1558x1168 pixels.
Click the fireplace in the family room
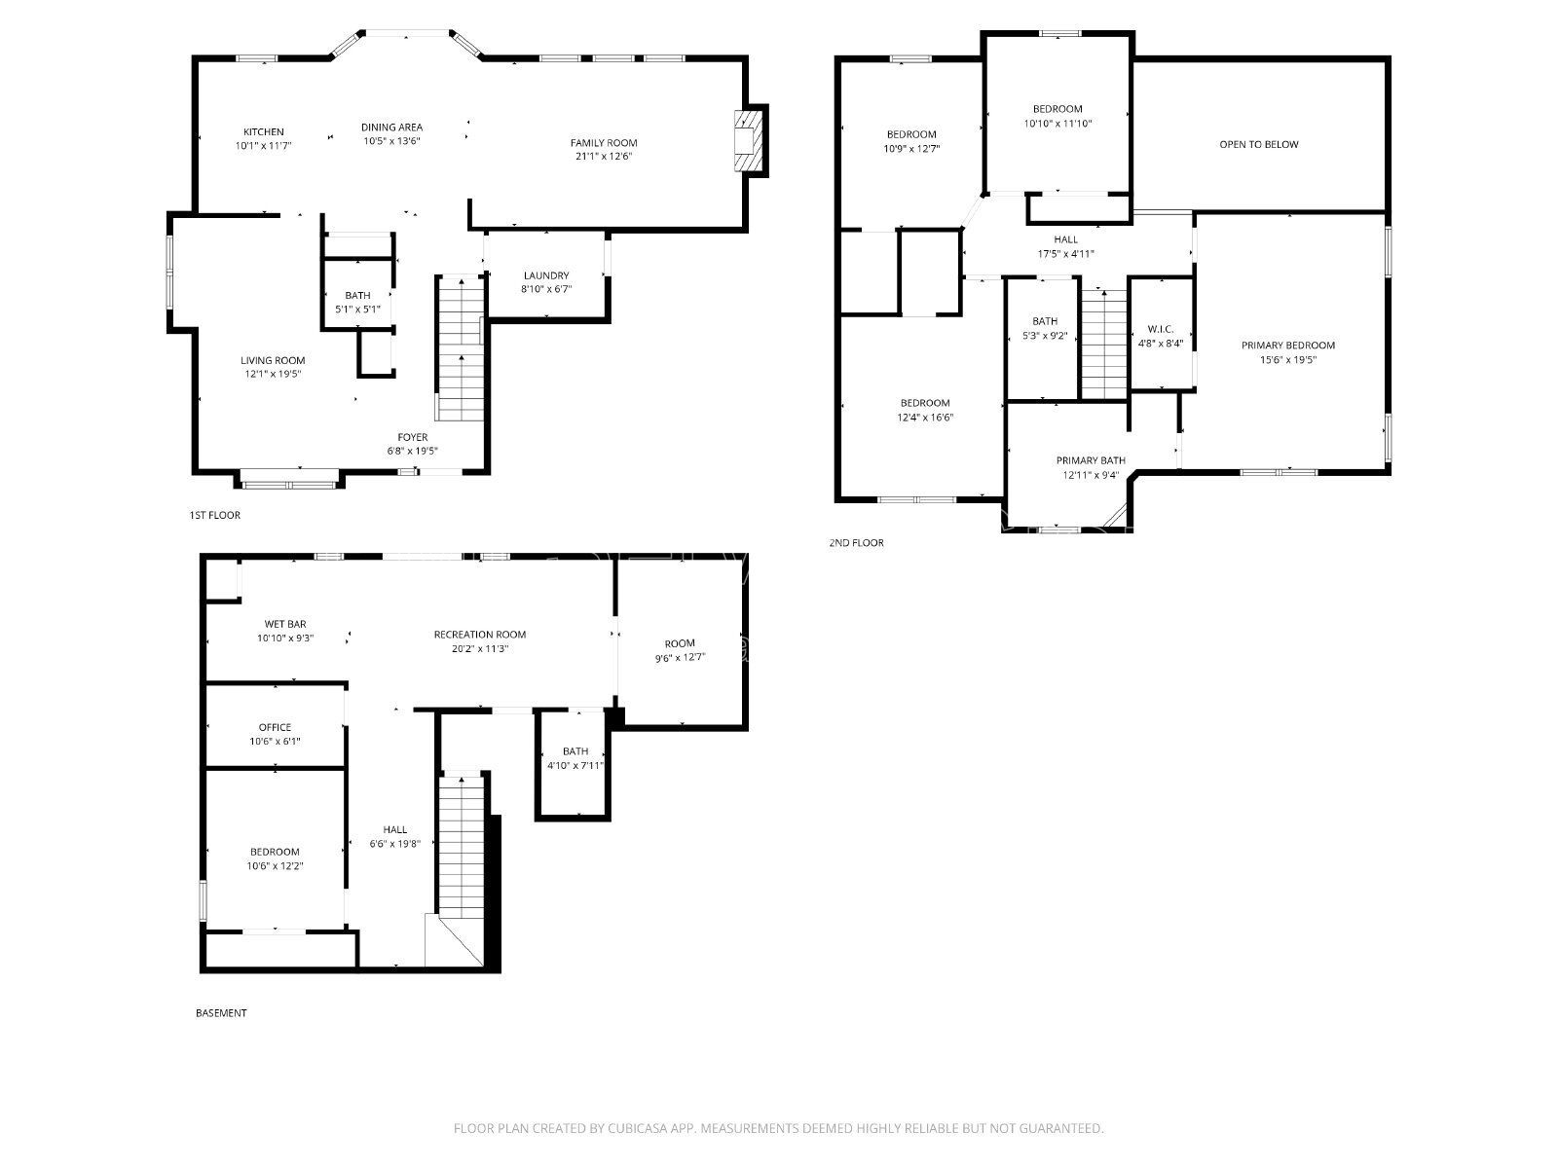pos(750,140)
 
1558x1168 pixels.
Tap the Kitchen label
pos(263,132)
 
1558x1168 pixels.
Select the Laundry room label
pos(546,275)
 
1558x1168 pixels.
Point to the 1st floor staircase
pos(461,348)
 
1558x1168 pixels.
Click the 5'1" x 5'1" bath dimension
pos(357,310)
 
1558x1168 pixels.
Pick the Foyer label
pos(413,437)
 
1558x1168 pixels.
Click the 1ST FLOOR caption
pos(214,515)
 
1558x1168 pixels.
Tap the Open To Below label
pos(1258,144)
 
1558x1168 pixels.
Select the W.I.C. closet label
pos(1161,329)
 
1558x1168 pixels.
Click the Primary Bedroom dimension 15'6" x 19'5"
pos(1287,359)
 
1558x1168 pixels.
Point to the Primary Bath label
pos(1091,460)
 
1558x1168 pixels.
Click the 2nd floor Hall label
pos(1065,239)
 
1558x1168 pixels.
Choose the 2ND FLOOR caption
pos(856,542)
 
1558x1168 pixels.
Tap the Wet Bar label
pos(285,624)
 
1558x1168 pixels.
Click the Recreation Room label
pos(480,635)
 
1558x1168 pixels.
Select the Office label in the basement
pos(275,727)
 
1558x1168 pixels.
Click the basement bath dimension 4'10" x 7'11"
pos(575,765)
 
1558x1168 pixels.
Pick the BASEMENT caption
pos(221,1012)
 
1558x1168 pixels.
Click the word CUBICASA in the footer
pos(638,1127)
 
